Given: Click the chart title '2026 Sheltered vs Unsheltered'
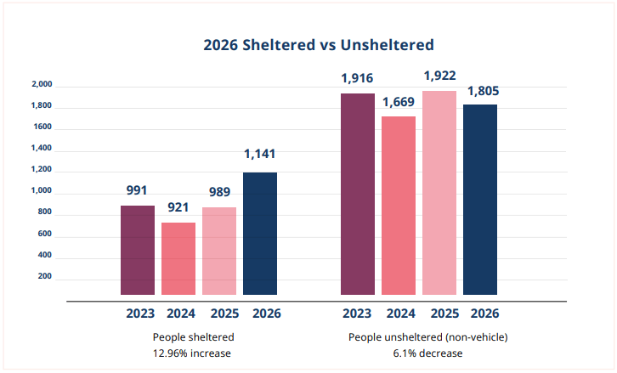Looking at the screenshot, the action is pyautogui.click(x=319, y=45).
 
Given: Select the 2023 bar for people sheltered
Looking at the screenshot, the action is pyautogui.click(x=138, y=250).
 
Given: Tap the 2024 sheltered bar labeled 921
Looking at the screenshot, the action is pyautogui.click(x=178, y=258).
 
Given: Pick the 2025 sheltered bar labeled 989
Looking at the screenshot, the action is pyautogui.click(x=219, y=251).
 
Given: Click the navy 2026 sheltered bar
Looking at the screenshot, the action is pyautogui.click(x=260, y=234).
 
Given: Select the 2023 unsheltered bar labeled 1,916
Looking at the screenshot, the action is pyautogui.click(x=358, y=194).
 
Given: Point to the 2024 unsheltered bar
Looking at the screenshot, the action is pyautogui.click(x=399, y=206).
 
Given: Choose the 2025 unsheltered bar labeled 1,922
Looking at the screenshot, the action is pyautogui.click(x=439, y=193).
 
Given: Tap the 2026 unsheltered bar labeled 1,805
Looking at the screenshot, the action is pyautogui.click(x=480, y=200).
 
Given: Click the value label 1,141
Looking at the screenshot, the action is pyautogui.click(x=260, y=154).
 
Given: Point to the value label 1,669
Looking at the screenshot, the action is pyautogui.click(x=399, y=102).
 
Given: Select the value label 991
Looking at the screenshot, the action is pyautogui.click(x=137, y=190).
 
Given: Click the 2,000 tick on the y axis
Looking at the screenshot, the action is pyautogui.click(x=42, y=84).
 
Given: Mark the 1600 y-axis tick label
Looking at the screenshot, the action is pyautogui.click(x=42, y=127).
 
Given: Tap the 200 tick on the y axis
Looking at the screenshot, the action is pyautogui.click(x=45, y=276).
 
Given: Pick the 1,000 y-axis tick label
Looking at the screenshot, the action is pyautogui.click(x=42, y=190).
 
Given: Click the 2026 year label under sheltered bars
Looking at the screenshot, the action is pyautogui.click(x=267, y=314).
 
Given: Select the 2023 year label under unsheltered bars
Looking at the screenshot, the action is pyautogui.click(x=357, y=314).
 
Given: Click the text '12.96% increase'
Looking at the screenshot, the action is pyautogui.click(x=192, y=353).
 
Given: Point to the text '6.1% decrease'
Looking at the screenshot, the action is pyautogui.click(x=427, y=353).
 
